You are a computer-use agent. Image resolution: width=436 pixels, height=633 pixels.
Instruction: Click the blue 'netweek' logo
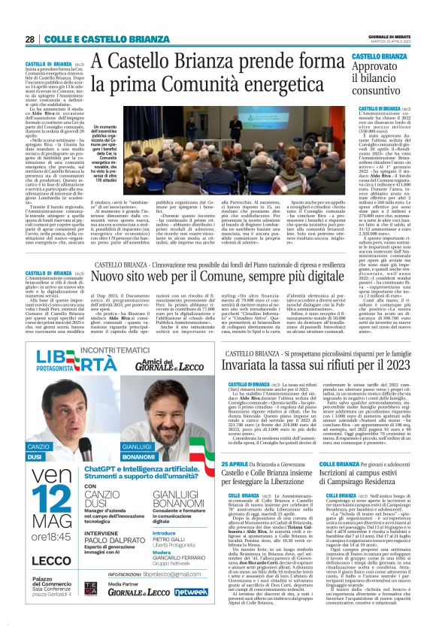(191, 613)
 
